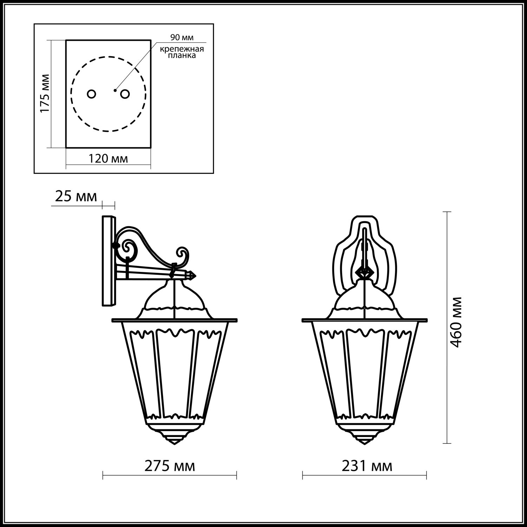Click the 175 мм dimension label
pyautogui.click(x=44, y=93)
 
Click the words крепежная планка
pyautogui.click(x=182, y=52)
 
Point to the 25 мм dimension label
pyautogui.click(x=76, y=197)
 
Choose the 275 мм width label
pyautogui.click(x=170, y=466)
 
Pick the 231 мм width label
pyautogui.click(x=367, y=466)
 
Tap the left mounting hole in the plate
pyautogui.click(x=91, y=94)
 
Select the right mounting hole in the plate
pyautogui.click(x=125, y=94)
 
